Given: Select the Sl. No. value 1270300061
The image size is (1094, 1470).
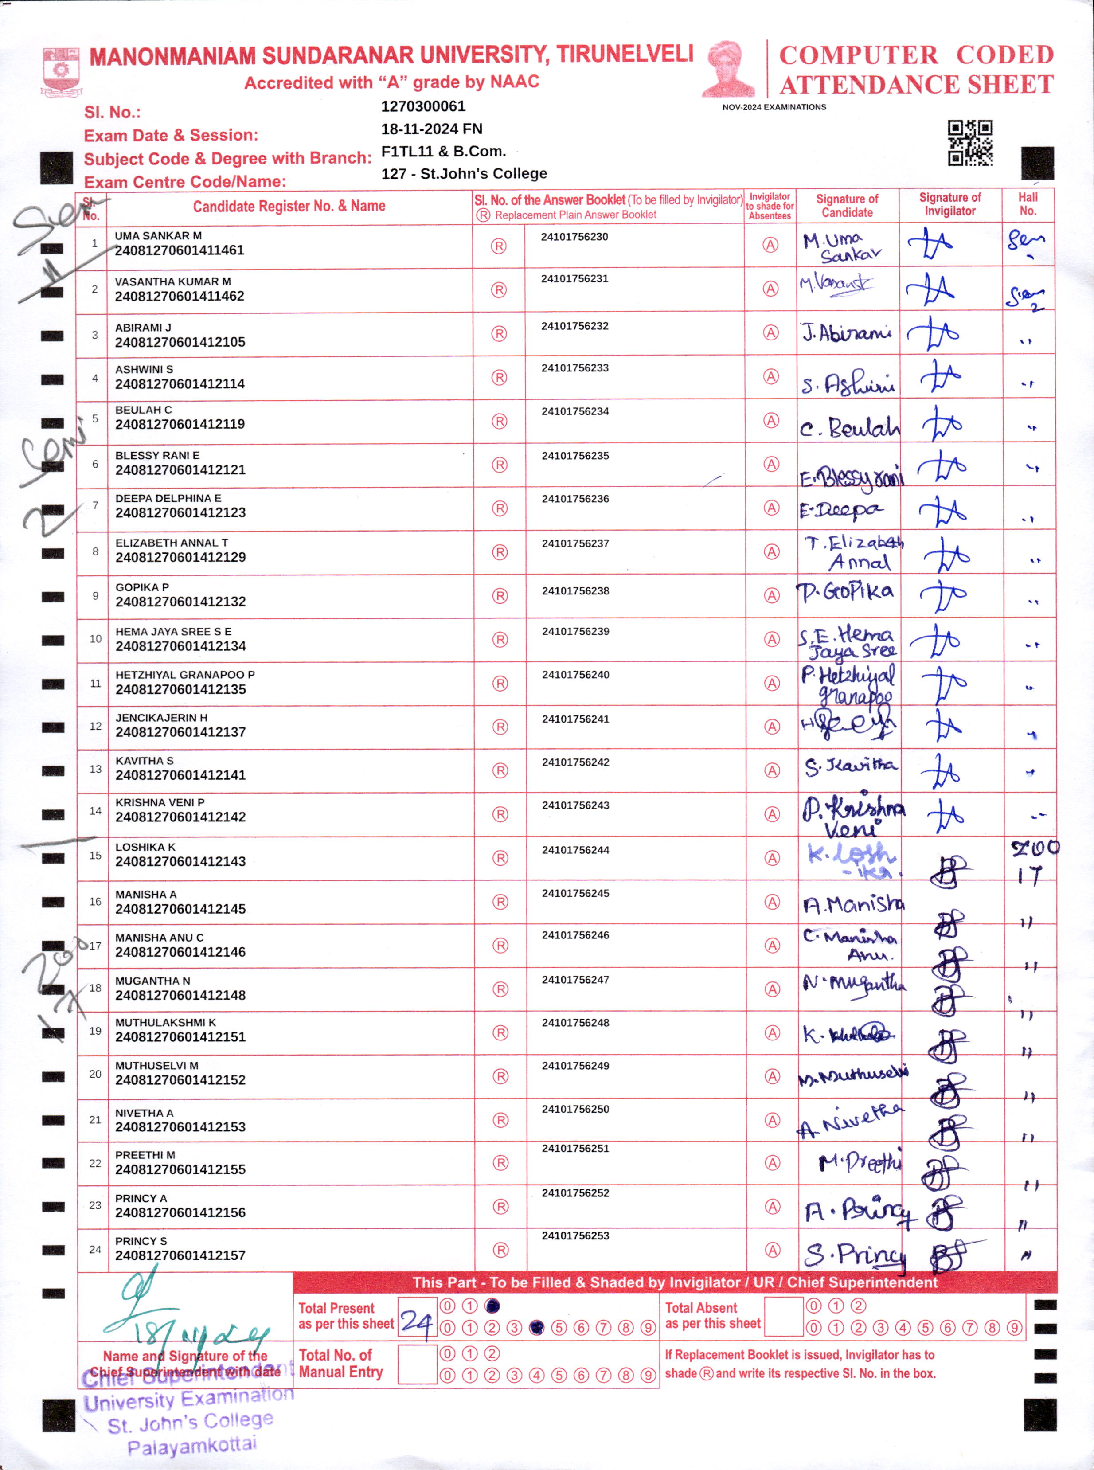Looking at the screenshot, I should [x=423, y=106].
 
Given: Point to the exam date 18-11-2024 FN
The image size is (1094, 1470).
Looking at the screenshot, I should [x=431, y=129].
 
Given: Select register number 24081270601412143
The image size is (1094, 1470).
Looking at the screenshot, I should [x=180, y=861].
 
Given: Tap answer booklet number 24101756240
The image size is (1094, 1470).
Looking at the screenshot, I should [x=575, y=675].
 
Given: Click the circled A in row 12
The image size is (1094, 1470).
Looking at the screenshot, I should [x=771, y=727].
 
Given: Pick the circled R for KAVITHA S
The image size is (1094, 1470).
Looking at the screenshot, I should [x=500, y=771].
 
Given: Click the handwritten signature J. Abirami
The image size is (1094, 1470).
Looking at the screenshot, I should [x=847, y=333].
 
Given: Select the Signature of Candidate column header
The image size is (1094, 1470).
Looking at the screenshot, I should [x=847, y=205].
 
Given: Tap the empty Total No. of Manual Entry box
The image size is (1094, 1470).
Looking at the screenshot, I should [x=417, y=1364].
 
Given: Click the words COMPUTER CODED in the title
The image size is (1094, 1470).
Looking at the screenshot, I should [x=916, y=55].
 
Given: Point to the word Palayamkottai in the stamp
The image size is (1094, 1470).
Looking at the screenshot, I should [x=191, y=1446].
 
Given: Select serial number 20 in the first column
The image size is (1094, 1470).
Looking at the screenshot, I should [x=95, y=1074].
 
